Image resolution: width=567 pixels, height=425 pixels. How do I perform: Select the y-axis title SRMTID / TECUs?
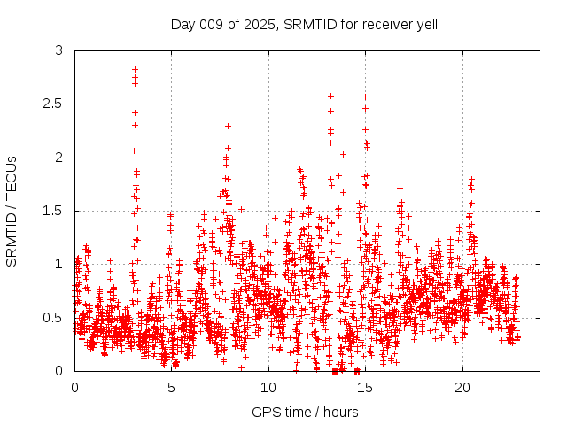click(12, 211)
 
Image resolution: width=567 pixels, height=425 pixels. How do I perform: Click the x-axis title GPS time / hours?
click(305, 412)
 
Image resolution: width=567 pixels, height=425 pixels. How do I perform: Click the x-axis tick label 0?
click(74, 388)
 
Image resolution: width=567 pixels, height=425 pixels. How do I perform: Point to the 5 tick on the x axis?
click(171, 388)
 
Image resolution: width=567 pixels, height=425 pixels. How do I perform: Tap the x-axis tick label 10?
click(268, 388)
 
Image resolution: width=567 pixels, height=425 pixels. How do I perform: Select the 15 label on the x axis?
click(365, 388)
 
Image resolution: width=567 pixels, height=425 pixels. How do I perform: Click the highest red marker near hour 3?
click(135, 69)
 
